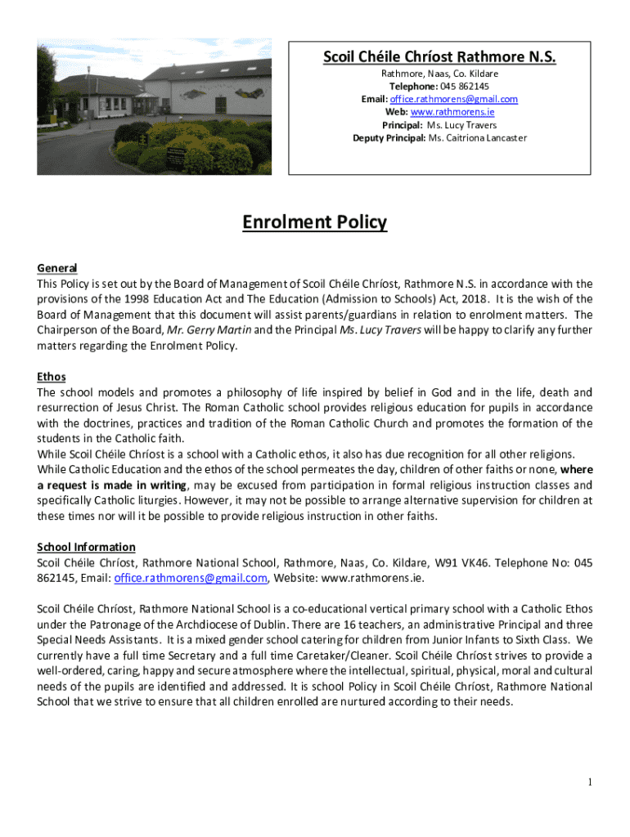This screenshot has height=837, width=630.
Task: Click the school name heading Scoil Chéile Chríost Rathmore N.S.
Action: (439, 57)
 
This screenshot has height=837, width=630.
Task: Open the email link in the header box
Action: (462, 99)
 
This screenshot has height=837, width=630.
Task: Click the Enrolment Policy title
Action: (314, 222)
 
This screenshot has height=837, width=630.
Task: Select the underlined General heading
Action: (57, 268)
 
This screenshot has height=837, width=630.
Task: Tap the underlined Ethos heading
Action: (52, 377)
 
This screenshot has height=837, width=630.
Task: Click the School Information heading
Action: (87, 547)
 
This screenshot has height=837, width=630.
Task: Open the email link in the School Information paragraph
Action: (191, 578)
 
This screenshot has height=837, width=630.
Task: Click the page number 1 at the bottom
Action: (589, 783)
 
